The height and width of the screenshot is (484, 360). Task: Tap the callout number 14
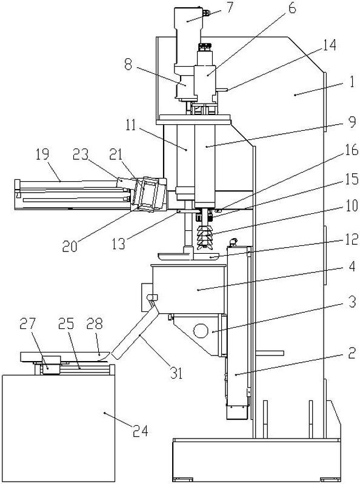click(329, 45)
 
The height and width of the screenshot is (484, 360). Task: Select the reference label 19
click(42, 154)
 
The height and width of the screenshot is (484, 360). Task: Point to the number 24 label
click(140, 431)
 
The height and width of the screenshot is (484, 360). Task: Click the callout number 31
click(176, 374)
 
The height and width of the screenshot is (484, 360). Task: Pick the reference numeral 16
click(352, 151)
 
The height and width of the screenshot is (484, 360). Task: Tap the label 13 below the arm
click(119, 244)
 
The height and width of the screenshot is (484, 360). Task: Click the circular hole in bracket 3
click(201, 331)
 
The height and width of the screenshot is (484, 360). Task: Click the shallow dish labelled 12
click(188, 256)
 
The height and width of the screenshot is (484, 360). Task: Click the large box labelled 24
click(58, 428)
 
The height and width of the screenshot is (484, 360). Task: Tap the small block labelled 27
click(51, 365)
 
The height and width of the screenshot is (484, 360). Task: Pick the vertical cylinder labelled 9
click(205, 166)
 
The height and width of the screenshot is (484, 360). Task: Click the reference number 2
click(352, 353)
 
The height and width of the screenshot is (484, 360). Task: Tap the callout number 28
click(95, 324)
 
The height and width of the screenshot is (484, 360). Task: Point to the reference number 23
click(81, 154)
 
